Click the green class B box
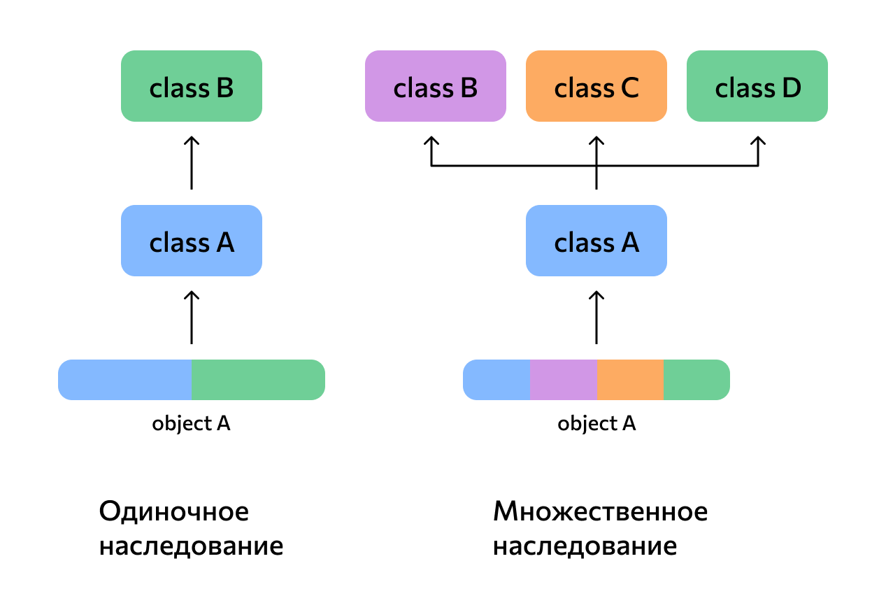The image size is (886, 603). click(x=191, y=86)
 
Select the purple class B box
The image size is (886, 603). click(x=435, y=86)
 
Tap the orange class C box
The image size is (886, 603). click(x=596, y=86)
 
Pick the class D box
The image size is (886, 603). click(x=757, y=86)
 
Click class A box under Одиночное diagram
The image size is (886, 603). click(x=191, y=241)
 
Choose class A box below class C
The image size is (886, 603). click(x=596, y=241)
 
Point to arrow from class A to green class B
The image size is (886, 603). click(x=191, y=163)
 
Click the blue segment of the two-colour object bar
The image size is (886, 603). click(x=124, y=380)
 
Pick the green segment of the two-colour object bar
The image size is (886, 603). click(x=257, y=380)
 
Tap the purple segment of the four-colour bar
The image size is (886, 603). click(x=563, y=380)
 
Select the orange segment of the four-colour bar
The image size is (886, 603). click(x=629, y=380)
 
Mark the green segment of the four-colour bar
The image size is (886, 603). click(x=696, y=380)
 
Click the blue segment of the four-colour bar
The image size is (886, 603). click(x=496, y=380)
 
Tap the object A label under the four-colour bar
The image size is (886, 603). click(x=596, y=424)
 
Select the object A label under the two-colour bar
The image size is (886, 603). click(x=191, y=424)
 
